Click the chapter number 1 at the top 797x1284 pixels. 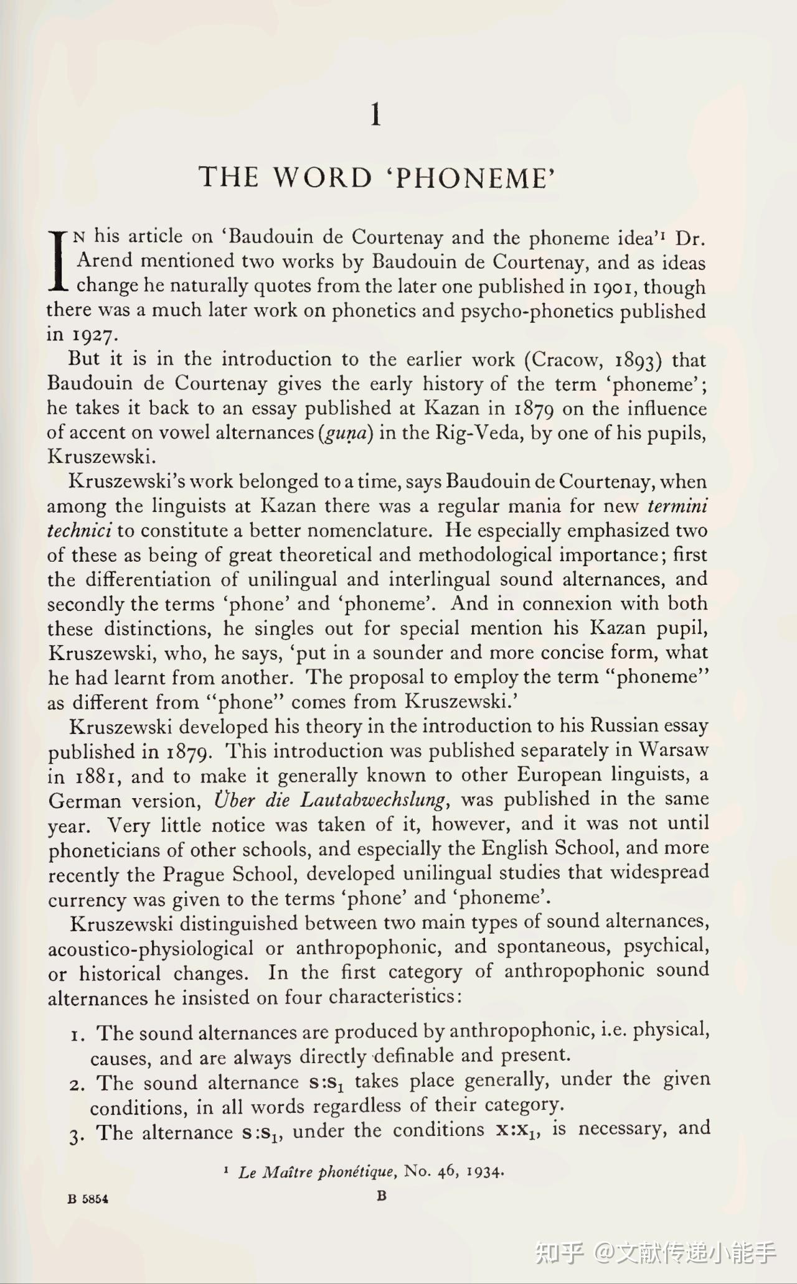[375, 115]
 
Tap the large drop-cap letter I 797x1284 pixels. [58, 261]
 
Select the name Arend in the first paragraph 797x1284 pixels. [105, 261]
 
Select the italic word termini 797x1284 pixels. [677, 506]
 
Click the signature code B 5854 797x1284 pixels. [88, 1199]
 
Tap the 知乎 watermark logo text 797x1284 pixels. [560, 1252]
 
